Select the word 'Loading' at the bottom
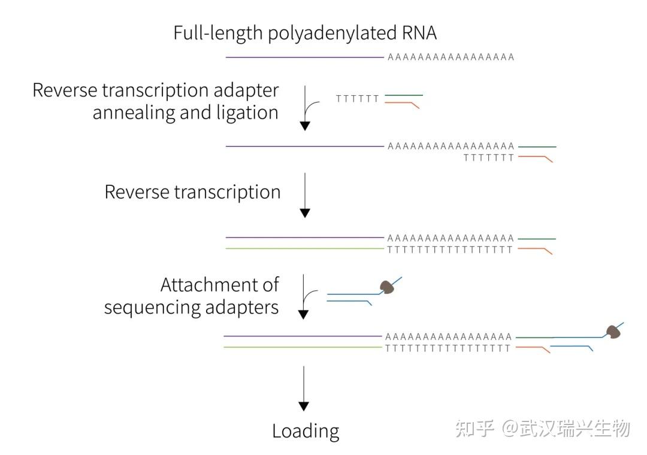pyautogui.click(x=306, y=431)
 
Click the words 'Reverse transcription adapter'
pyautogui.click(x=156, y=91)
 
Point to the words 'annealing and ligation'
pyautogui.click(x=185, y=113)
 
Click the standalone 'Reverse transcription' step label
pyautogui.click(x=192, y=192)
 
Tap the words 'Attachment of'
pyautogui.click(x=220, y=284)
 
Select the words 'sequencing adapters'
pyautogui.click(x=192, y=307)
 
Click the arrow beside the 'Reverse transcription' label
pyautogui.click(x=305, y=195)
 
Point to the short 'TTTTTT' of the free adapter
pyautogui.click(x=358, y=99)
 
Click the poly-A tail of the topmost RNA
pyautogui.click(x=451, y=58)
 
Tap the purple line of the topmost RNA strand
pyautogui.click(x=304, y=58)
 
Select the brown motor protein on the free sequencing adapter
pyautogui.click(x=388, y=287)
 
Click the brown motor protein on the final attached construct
pyautogui.click(x=612, y=332)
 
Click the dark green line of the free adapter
pyautogui.click(x=404, y=95)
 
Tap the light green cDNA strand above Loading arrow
pyautogui.click(x=303, y=347)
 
